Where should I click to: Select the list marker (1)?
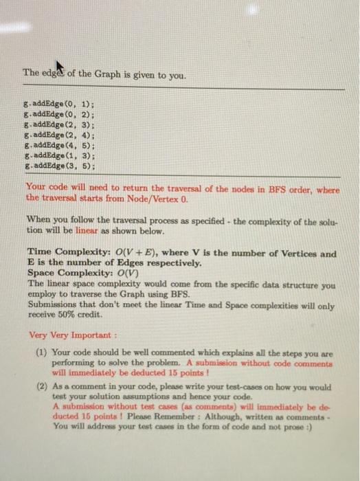41,350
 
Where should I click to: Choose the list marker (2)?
41,386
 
